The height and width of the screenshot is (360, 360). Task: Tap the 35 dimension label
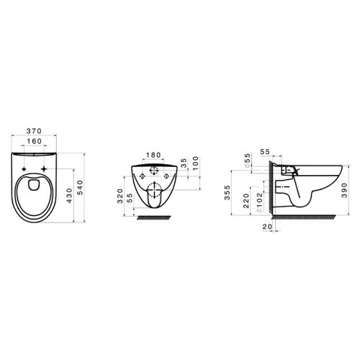pos(184,165)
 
